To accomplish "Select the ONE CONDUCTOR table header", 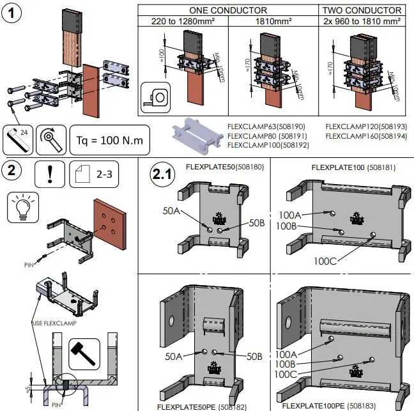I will [227, 10].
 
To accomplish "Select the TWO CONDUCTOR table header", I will [362, 10].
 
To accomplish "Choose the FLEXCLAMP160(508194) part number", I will [366, 136].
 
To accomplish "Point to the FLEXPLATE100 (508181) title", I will [347, 167].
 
